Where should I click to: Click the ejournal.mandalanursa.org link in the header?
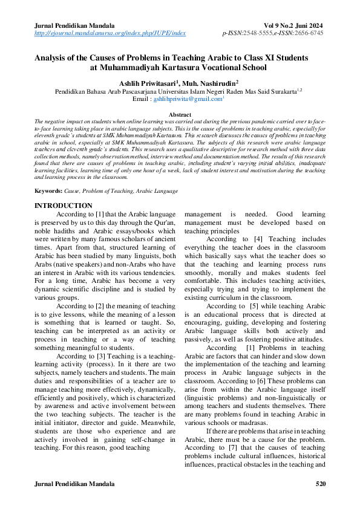[110, 34]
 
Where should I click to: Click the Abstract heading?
[180, 114]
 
